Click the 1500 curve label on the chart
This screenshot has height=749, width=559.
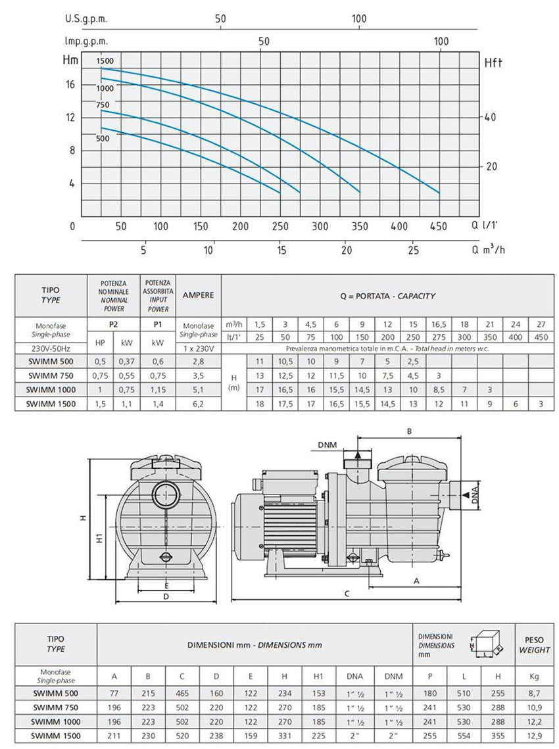pyautogui.click(x=105, y=61)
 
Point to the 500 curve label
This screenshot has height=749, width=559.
pyautogui.click(x=103, y=139)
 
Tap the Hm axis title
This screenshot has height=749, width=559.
pyautogui.click(x=70, y=60)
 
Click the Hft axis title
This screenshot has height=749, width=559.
pyautogui.click(x=493, y=62)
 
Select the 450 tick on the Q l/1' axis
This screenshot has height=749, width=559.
pyautogui.click(x=438, y=226)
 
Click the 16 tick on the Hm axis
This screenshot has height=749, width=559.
pyautogui.click(x=70, y=85)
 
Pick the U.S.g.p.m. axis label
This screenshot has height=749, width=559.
pyautogui.click(x=86, y=19)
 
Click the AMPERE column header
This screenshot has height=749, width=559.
pyautogui.click(x=198, y=295)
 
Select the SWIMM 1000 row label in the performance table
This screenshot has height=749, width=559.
pyautogui.click(x=51, y=390)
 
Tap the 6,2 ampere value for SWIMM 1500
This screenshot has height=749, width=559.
pyautogui.click(x=198, y=404)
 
